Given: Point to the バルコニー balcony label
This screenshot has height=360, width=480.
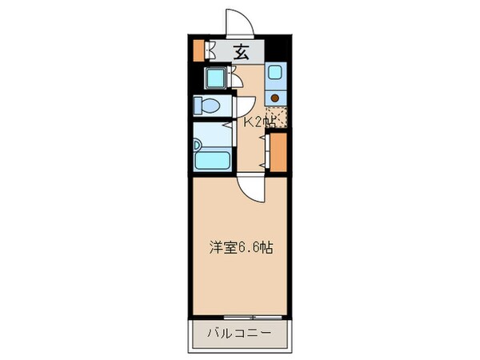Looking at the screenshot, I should tap(239, 332).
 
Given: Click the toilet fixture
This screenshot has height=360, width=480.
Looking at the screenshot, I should tap(210, 106).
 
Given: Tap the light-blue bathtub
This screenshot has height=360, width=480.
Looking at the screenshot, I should tap(213, 156).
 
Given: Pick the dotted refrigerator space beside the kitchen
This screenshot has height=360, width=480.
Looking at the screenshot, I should tap(277, 116).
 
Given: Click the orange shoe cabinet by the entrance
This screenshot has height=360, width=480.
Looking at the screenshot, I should tap(199, 50).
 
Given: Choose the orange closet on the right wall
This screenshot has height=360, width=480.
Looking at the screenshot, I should tap(278, 153).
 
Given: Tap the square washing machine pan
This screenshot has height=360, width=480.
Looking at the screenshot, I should tap(217, 79).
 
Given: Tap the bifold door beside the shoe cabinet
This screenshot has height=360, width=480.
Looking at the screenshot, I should tap(210, 50).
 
